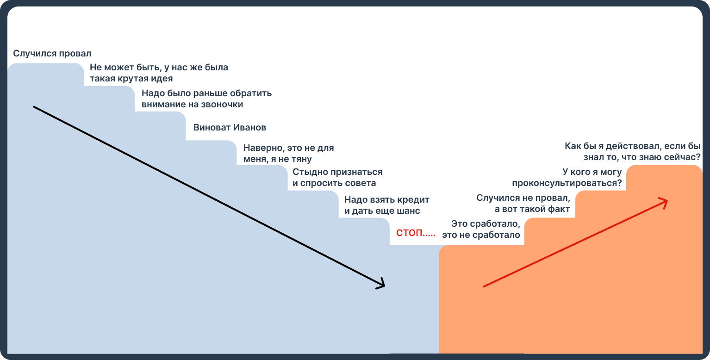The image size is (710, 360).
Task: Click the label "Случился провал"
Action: click(x=52, y=53)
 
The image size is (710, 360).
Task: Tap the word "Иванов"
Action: click(x=249, y=127)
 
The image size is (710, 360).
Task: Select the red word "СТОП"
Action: click(x=410, y=233)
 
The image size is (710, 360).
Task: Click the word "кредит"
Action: click(x=413, y=200)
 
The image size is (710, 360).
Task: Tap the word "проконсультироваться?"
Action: click(x=567, y=183)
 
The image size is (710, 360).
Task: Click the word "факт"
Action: click(x=559, y=209)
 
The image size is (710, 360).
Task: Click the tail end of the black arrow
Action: click(x=34, y=107)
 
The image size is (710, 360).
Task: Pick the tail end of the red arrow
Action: click(x=484, y=286)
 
